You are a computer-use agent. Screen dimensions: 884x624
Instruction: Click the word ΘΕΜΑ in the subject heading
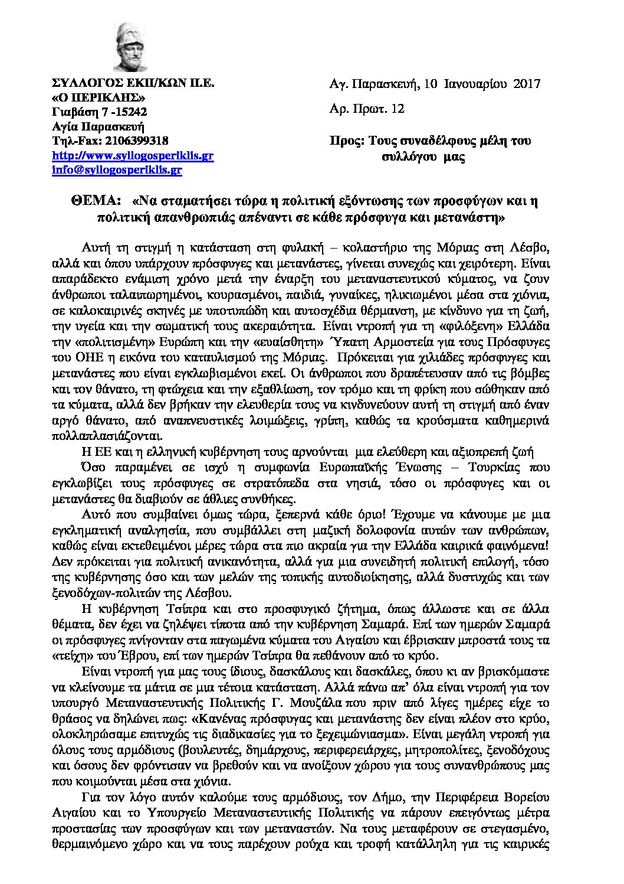click(97, 201)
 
